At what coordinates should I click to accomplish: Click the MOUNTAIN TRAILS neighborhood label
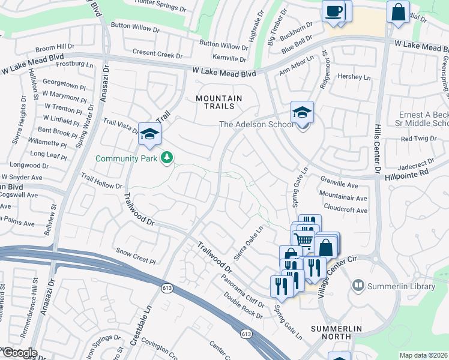point(218,103)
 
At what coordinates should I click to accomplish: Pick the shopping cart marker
point(304,239)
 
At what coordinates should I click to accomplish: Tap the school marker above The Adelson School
point(302,112)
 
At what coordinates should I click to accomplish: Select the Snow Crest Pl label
point(136,257)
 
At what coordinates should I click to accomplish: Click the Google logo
point(19,353)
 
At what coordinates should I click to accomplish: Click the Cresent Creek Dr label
point(157,55)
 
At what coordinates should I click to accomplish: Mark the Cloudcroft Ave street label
point(345,210)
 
